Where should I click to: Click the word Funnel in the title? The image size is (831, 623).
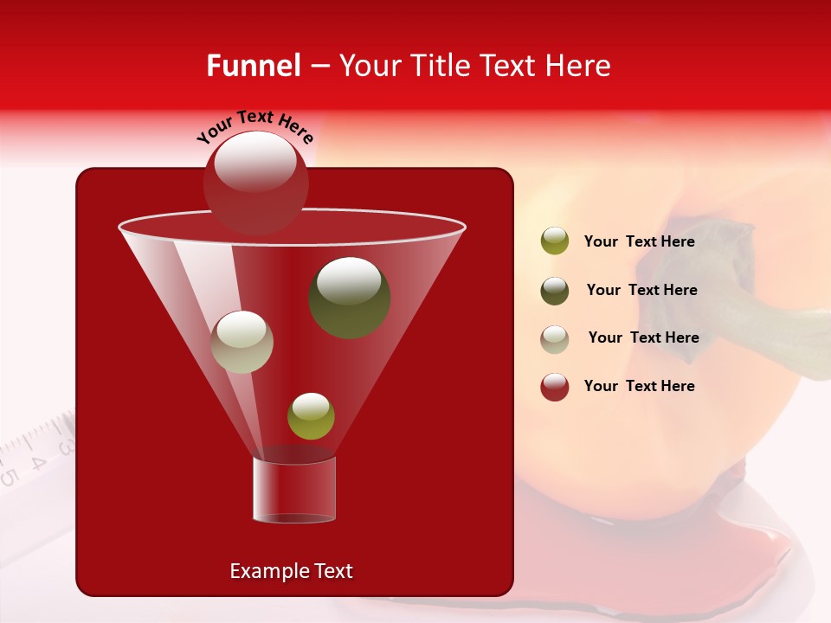(x=254, y=66)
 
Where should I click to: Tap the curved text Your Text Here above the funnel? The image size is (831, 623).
(x=254, y=126)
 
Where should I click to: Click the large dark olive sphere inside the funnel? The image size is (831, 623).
(x=349, y=298)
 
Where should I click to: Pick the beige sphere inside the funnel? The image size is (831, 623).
(x=242, y=342)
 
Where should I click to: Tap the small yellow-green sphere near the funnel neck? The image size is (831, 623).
(x=311, y=415)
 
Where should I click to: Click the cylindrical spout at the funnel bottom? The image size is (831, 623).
(x=293, y=490)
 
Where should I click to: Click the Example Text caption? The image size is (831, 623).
(x=291, y=571)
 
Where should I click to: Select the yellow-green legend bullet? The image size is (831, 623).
(x=555, y=241)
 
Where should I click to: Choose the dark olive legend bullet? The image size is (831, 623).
(x=555, y=291)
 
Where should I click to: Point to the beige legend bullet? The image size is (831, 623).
(x=555, y=339)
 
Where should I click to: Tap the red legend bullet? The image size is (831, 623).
(x=555, y=387)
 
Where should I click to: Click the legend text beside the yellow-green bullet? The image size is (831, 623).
(x=639, y=241)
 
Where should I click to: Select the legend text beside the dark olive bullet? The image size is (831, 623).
(x=641, y=290)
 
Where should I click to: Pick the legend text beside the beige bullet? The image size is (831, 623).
(x=643, y=337)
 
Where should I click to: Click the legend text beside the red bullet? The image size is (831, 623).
(x=639, y=386)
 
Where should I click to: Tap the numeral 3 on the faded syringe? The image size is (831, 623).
(x=64, y=446)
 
